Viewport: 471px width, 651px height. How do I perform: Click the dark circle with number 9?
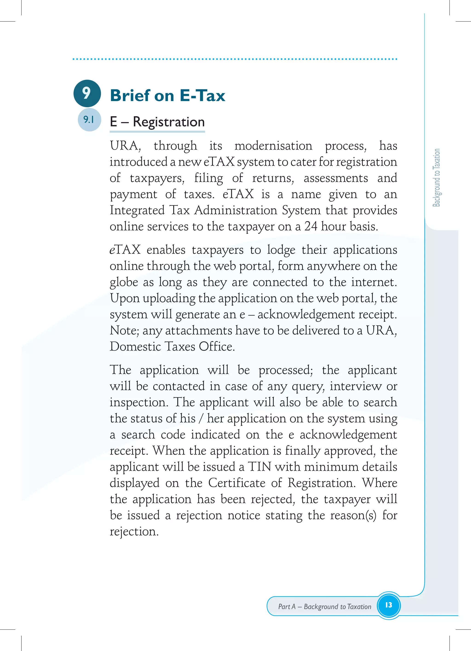point(87,93)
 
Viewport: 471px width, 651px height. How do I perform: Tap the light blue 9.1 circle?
point(89,119)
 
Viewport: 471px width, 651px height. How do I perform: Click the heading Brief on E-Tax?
point(167,96)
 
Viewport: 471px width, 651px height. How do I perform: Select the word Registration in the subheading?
point(169,122)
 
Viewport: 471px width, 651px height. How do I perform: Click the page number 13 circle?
point(388,605)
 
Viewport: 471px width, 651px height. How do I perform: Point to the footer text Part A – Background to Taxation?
point(325,607)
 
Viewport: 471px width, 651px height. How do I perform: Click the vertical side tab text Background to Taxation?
point(436,178)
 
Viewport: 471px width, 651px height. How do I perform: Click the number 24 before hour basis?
point(311,227)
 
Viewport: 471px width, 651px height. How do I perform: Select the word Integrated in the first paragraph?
point(137,210)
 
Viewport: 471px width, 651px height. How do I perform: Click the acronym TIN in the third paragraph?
point(260,467)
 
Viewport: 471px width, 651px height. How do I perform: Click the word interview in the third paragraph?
point(355,386)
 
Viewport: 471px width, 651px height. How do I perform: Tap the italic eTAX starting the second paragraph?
point(125,250)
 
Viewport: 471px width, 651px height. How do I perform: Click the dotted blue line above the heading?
point(235,59)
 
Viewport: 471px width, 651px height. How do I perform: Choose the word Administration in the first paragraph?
point(236,210)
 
